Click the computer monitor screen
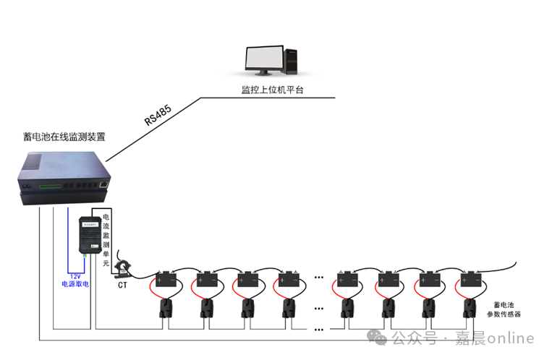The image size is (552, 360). pyautogui.click(x=263, y=60)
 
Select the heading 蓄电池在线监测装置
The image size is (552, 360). pyautogui.click(x=64, y=137)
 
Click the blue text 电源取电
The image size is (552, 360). pyautogui.click(x=75, y=284)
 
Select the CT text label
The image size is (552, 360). pyautogui.click(x=123, y=285)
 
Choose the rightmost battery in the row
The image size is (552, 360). pyautogui.click(x=472, y=278)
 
